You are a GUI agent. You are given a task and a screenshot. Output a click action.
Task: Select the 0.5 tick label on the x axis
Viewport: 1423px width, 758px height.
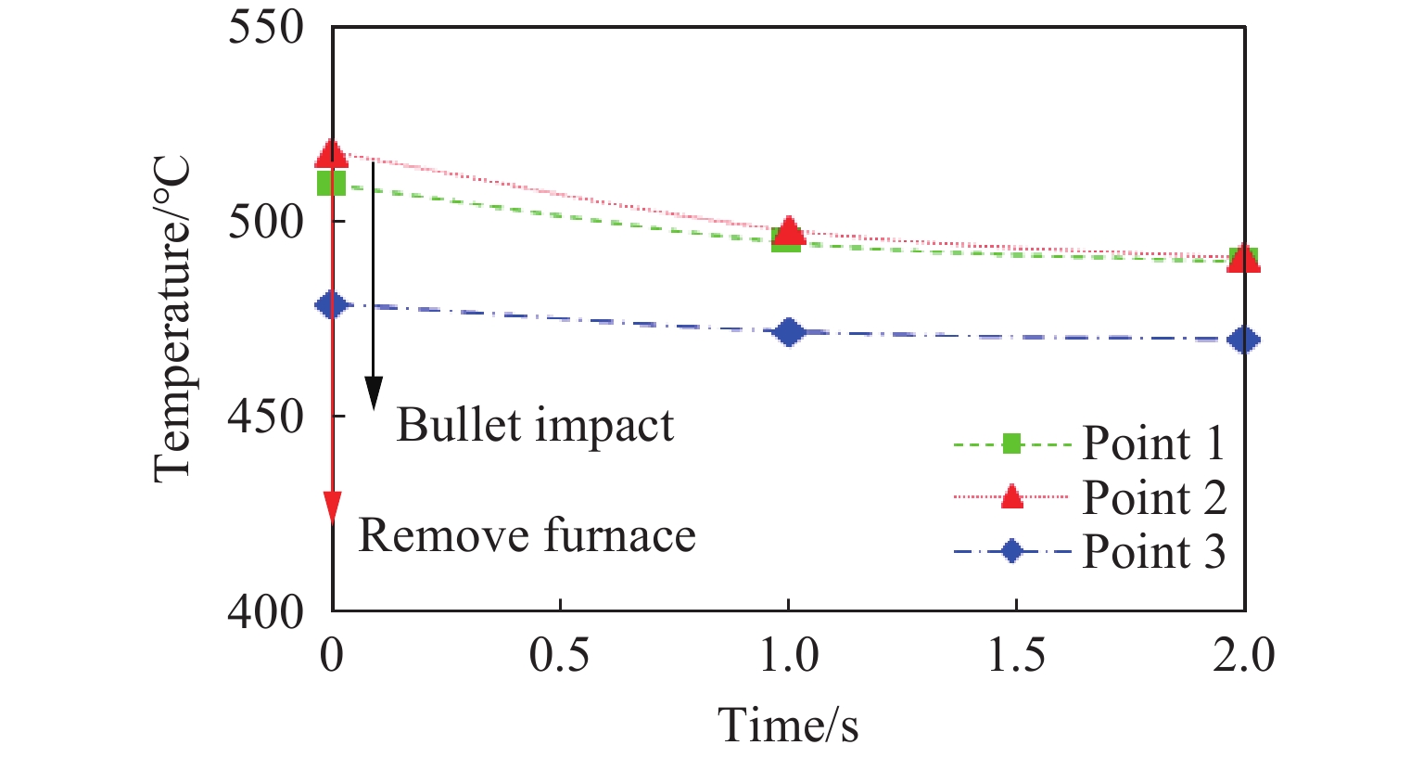click(x=560, y=656)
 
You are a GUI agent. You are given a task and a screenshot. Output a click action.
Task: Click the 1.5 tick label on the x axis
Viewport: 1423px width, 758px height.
click(x=1016, y=656)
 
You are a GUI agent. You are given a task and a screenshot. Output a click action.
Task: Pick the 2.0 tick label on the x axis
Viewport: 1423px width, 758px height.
click(x=1244, y=656)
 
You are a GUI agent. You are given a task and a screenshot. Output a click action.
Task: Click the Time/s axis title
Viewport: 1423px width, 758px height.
click(x=789, y=725)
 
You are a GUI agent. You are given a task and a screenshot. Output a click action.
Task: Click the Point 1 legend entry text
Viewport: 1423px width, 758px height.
click(x=1153, y=443)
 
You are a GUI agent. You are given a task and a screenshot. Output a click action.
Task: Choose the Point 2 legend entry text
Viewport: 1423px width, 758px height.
click(x=1154, y=498)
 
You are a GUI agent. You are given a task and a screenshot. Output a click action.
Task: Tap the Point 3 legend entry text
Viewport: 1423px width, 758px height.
click(x=1154, y=552)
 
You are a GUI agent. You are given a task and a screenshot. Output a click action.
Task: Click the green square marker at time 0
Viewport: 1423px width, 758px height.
click(x=332, y=183)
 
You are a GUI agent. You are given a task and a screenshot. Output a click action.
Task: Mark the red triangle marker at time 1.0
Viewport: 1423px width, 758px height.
click(x=788, y=230)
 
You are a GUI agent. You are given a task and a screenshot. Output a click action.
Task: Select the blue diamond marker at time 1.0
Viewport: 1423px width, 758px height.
click(x=788, y=332)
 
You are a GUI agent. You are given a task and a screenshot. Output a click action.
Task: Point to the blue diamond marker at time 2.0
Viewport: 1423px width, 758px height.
click(x=1243, y=340)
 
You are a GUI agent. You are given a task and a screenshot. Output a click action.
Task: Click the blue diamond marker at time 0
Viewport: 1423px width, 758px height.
click(x=332, y=305)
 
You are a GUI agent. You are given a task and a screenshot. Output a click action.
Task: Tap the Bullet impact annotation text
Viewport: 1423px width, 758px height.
click(x=535, y=426)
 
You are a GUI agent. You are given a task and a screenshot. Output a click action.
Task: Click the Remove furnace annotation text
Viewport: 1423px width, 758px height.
click(x=527, y=535)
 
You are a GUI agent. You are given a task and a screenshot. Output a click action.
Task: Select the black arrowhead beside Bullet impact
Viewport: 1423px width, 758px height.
click(x=373, y=393)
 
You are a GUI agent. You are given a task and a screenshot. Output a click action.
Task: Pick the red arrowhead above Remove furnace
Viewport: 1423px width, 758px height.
click(x=332, y=507)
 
